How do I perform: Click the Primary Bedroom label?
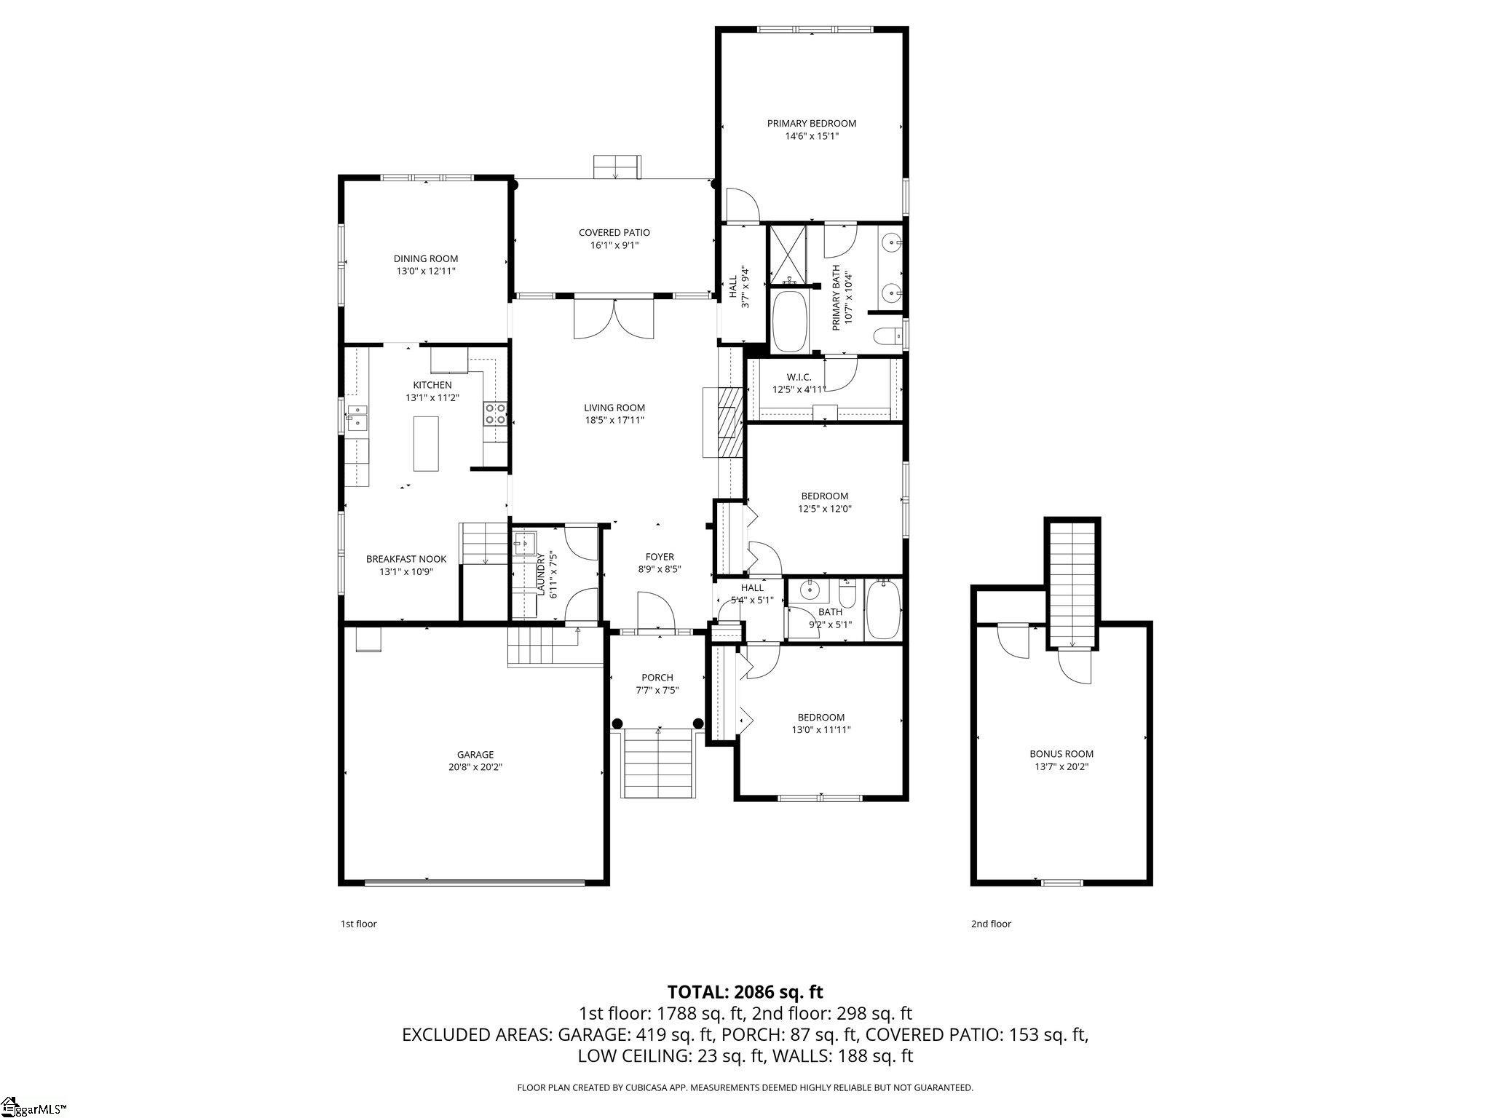[x=811, y=123]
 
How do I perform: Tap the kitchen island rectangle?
[x=426, y=443]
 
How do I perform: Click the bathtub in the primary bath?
[x=789, y=320]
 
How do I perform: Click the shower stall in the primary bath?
[x=788, y=254]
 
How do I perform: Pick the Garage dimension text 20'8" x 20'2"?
[x=475, y=766]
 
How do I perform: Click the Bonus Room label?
[x=1061, y=754]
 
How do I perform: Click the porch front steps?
[x=657, y=765]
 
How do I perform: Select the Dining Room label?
[x=425, y=258]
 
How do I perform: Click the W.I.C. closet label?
[x=799, y=377]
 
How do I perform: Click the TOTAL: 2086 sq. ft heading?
[x=745, y=991]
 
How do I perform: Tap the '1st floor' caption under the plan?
[x=358, y=924]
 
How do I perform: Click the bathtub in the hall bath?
[x=883, y=610]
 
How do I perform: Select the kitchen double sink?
[x=357, y=417]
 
